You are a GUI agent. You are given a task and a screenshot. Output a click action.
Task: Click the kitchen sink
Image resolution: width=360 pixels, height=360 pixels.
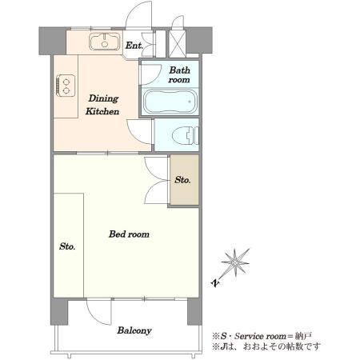pos(105,42)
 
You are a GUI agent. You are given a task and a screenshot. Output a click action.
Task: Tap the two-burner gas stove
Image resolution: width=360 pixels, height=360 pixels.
pos(66,86)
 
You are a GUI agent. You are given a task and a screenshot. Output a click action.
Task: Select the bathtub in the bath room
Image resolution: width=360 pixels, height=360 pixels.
pos(170,102)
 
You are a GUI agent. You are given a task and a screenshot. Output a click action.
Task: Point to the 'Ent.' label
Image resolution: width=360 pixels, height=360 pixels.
pos(134,46)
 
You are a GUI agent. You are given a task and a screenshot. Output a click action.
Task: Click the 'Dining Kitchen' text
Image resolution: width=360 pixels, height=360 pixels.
pos(102,105)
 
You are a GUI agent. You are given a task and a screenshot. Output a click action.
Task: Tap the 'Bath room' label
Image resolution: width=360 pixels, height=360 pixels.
pos(179,74)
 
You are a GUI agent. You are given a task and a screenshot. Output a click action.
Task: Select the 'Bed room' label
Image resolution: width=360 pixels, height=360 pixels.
pos(129,234)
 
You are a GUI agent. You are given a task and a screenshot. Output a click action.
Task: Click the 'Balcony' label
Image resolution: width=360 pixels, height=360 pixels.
pos(134,330)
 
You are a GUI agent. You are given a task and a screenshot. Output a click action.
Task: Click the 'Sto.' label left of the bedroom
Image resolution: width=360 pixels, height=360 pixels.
pos(67,246)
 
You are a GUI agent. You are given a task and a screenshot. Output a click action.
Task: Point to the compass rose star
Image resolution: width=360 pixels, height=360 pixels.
pos(235,262)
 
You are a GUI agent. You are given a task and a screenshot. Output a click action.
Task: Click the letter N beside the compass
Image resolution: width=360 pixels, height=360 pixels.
pos(215,282)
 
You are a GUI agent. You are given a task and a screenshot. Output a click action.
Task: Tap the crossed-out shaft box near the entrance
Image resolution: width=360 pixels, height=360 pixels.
pos(177,44)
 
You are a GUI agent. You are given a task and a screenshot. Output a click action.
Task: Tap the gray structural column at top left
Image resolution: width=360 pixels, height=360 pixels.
pos(52,41)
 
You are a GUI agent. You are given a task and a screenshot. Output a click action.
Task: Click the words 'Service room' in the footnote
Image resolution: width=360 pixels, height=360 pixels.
pos(260,336)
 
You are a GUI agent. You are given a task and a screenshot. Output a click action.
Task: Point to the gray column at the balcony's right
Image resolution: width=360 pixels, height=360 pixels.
pos(194,311)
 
